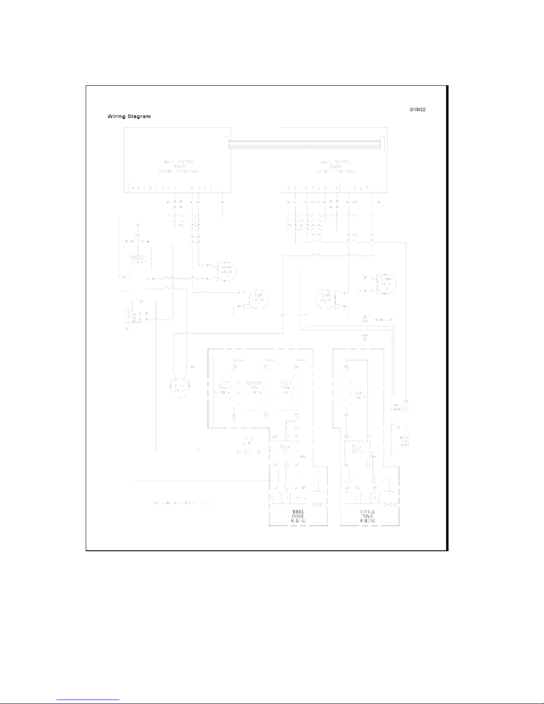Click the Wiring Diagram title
click(129, 116)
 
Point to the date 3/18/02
click(417, 109)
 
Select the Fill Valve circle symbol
click(180, 387)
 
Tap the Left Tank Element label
click(222, 387)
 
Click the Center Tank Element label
click(254, 387)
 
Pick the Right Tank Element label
click(285, 387)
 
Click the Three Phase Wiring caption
click(298, 517)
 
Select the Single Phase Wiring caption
click(367, 517)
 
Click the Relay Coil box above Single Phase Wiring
click(357, 449)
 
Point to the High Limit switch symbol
click(249, 451)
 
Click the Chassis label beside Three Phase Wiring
click(319, 505)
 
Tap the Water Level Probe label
click(404, 441)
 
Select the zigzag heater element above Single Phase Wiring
click(348, 391)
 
